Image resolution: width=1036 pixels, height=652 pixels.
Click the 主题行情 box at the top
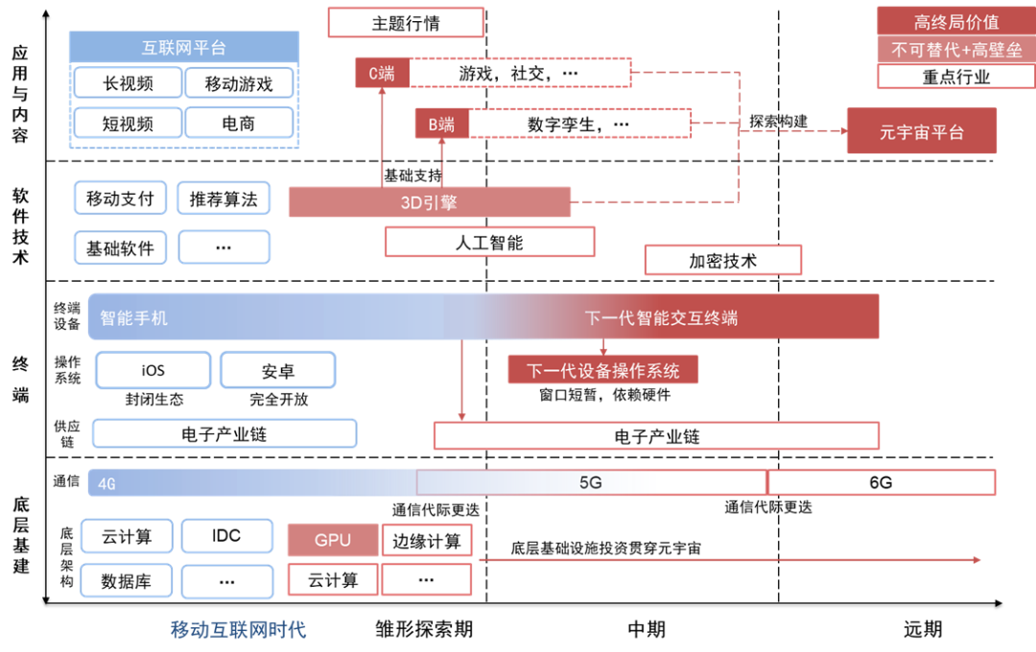tap(405, 23)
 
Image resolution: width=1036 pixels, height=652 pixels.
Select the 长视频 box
tap(128, 83)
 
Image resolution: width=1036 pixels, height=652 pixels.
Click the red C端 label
tap(381, 73)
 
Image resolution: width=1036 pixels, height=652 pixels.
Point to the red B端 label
tap(441, 124)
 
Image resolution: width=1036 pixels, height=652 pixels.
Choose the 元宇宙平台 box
tap(921, 131)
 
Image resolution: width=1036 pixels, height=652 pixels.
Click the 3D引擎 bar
tap(429, 202)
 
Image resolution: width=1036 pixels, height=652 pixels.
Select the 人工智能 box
tap(489, 242)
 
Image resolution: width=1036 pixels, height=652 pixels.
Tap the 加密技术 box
tap(722, 260)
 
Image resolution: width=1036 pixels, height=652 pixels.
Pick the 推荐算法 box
tap(224, 198)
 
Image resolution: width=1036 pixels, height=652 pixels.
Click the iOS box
tap(153, 370)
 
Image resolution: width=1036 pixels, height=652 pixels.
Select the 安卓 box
tap(278, 370)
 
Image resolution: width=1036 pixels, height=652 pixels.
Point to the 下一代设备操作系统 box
tap(602, 370)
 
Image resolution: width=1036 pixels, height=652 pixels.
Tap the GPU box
tap(333, 540)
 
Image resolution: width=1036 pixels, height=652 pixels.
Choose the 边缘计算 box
tap(427, 540)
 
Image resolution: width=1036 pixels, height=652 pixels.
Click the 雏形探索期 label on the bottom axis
tap(424, 629)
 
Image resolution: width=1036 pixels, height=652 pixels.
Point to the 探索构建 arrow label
tap(778, 122)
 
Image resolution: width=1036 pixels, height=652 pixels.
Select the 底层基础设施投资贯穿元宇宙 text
tap(605, 548)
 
